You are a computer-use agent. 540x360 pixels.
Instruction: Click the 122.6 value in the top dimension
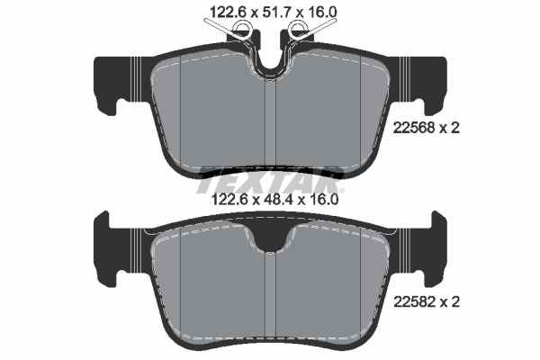point(227,12)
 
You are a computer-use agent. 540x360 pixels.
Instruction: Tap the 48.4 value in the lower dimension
point(279,200)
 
